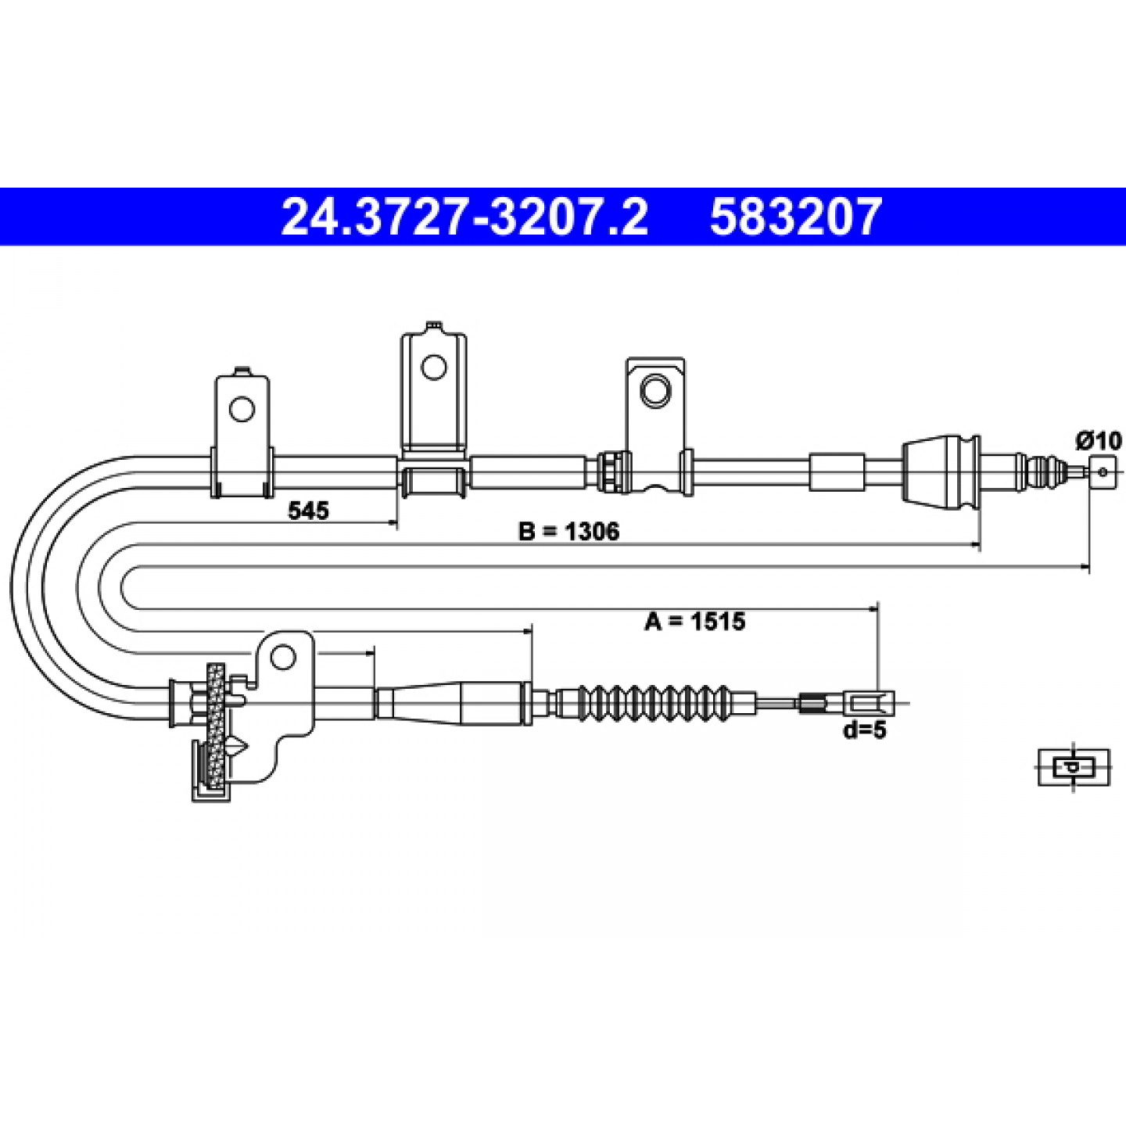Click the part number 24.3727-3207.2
[x=464, y=217]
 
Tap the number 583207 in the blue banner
[x=794, y=217]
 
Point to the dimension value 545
[x=309, y=511]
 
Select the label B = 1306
[x=568, y=532]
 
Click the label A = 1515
[x=695, y=621]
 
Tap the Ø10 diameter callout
[x=1099, y=440]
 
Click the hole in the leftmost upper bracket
[x=242, y=408]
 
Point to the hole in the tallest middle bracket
[x=433, y=367]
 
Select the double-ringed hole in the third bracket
[x=655, y=390]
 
